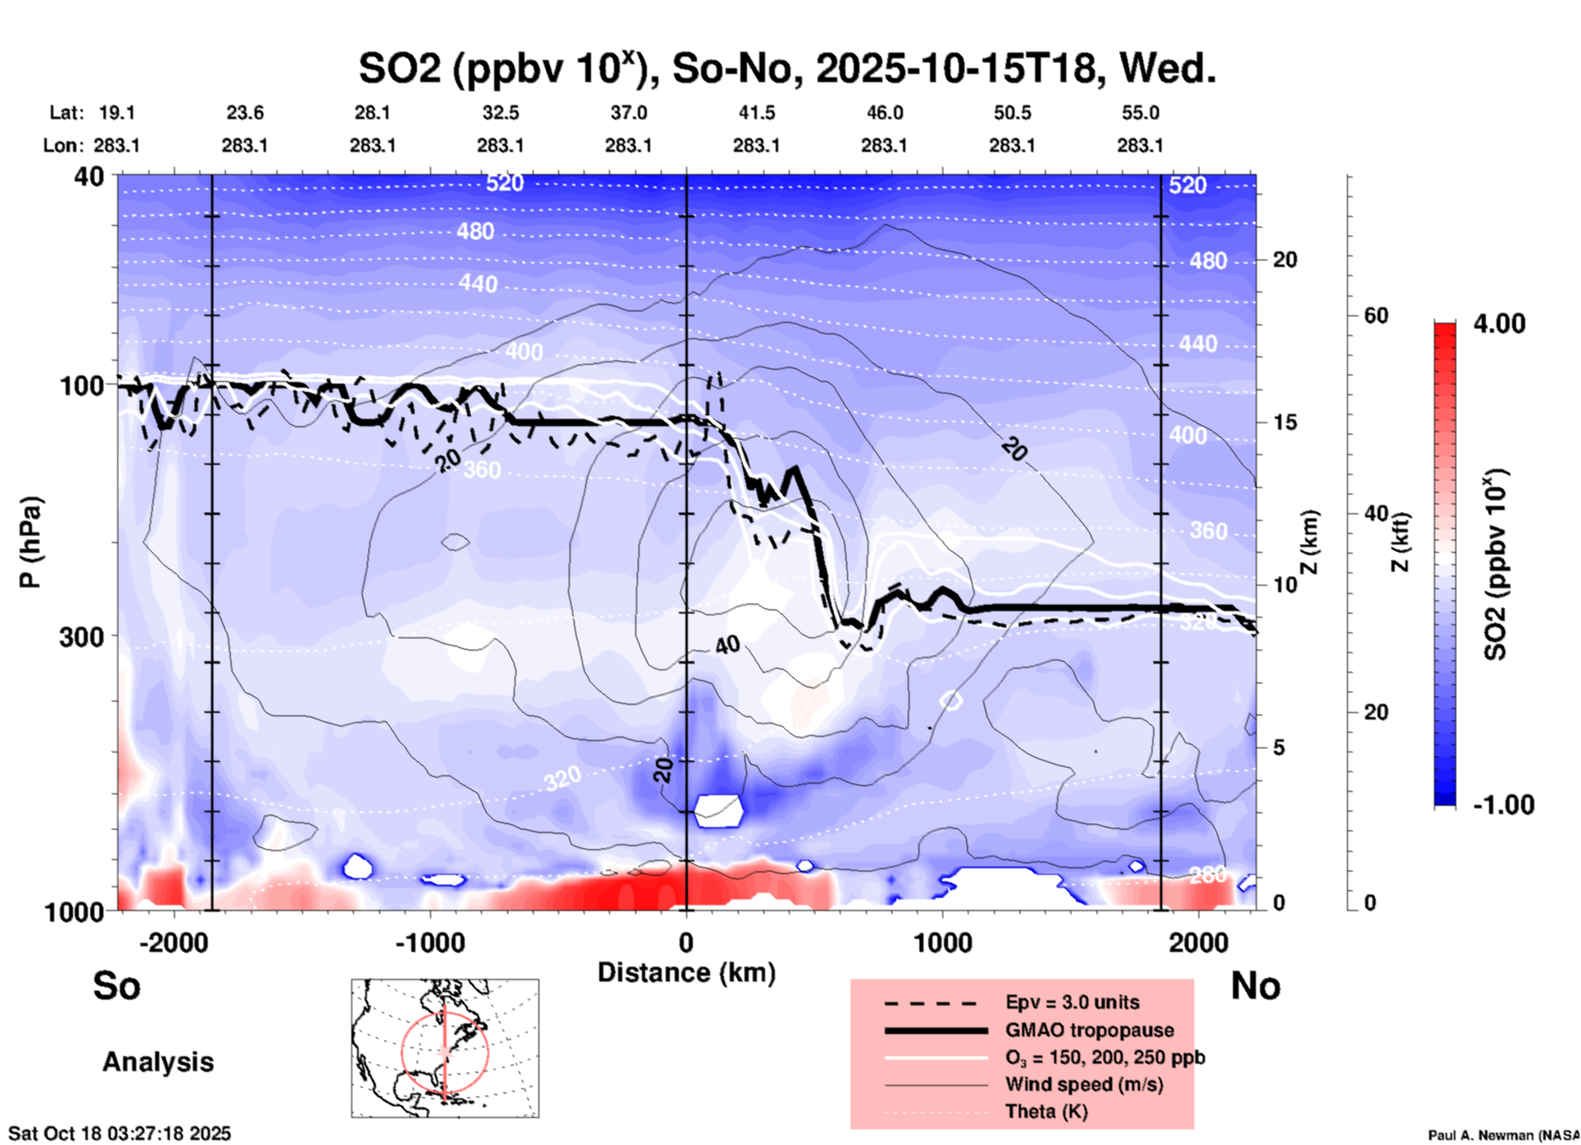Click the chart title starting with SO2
(786, 69)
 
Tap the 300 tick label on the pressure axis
(82, 637)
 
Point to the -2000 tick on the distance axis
(173, 942)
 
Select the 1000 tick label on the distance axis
(942, 942)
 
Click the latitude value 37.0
(628, 113)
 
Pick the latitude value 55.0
(1140, 113)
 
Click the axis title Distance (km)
(686, 973)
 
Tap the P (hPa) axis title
(30, 542)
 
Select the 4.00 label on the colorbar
(1499, 324)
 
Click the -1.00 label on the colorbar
(1503, 805)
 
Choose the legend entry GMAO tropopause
(1089, 1030)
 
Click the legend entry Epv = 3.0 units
(1072, 1002)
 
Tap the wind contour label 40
(727, 646)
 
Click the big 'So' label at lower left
(117, 986)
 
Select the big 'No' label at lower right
(1255, 986)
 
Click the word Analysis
(158, 1062)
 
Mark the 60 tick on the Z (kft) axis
(1376, 315)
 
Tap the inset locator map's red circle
(402, 1051)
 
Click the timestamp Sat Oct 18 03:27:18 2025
(120, 1134)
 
